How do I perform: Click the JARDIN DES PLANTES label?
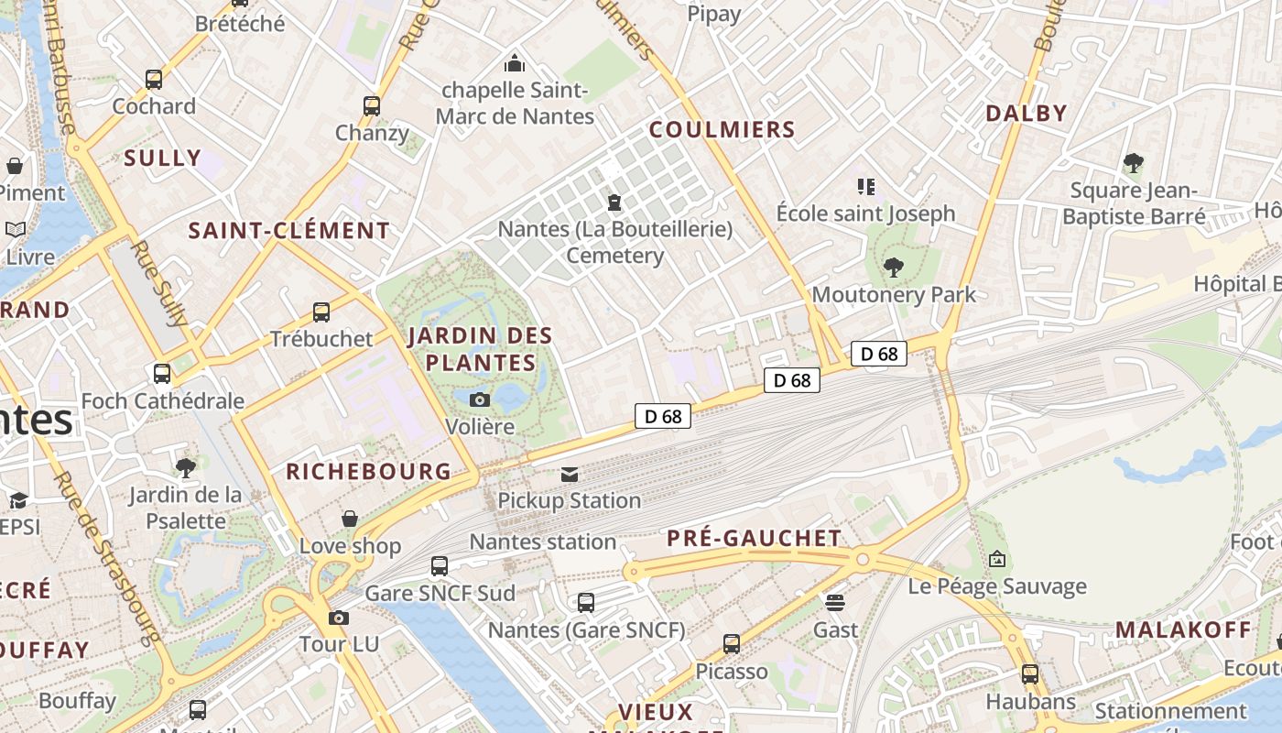pyautogui.click(x=481, y=348)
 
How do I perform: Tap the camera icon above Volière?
pyautogui.click(x=479, y=399)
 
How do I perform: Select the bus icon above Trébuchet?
pyautogui.click(x=321, y=312)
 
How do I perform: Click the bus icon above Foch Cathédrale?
pyautogui.click(x=162, y=374)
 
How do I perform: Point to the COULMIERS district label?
pyautogui.click(x=722, y=130)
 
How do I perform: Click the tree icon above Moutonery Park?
pyautogui.click(x=894, y=268)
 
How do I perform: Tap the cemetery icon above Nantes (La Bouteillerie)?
pyautogui.click(x=614, y=202)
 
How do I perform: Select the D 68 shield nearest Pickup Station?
pyautogui.click(x=662, y=417)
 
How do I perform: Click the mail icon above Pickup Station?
pyautogui.click(x=570, y=474)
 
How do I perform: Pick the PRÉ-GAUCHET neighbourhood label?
pyautogui.click(x=754, y=538)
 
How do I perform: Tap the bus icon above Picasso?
pyautogui.click(x=732, y=644)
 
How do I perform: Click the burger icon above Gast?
pyautogui.click(x=835, y=603)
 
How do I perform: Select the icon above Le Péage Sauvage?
pyautogui.click(x=997, y=559)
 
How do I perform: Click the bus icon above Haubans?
pyautogui.click(x=1030, y=674)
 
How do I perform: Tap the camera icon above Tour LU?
pyautogui.click(x=339, y=618)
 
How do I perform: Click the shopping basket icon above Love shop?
pyautogui.click(x=350, y=520)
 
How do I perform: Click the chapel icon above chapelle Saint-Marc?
pyautogui.click(x=515, y=63)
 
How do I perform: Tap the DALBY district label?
pyautogui.click(x=1027, y=114)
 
